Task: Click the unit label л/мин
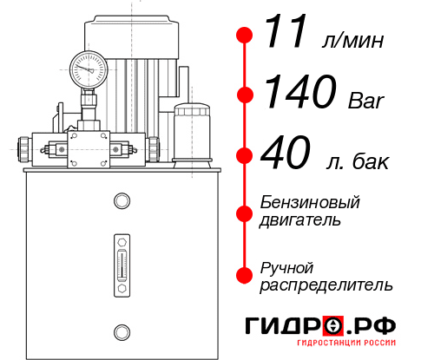click(x=352, y=40)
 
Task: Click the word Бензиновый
click(x=310, y=203)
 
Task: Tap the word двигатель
click(x=299, y=220)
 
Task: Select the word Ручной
click(x=286, y=266)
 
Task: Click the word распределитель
click(x=326, y=285)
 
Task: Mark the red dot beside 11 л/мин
click(x=245, y=35)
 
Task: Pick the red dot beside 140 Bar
click(x=245, y=95)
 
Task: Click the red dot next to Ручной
click(x=245, y=274)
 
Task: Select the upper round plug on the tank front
click(x=121, y=202)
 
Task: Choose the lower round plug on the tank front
click(x=121, y=331)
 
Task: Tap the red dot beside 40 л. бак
click(x=245, y=155)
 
